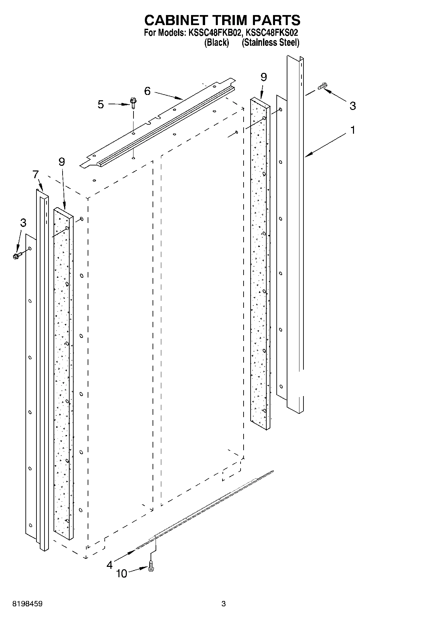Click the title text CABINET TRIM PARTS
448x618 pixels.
pyautogui.click(x=222, y=21)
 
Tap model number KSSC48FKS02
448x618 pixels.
pyautogui.click(x=272, y=33)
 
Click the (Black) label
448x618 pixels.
pyautogui.click(x=216, y=43)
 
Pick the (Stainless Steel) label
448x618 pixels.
pyautogui.click(x=270, y=43)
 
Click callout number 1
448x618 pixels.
pyautogui.click(x=352, y=130)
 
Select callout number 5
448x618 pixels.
pyautogui.click(x=101, y=104)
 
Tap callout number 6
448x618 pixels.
pyautogui.click(x=148, y=91)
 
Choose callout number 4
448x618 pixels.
pyautogui.click(x=109, y=565)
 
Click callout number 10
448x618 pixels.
pyautogui.click(x=122, y=574)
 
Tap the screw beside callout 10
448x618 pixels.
pyautogui.click(x=151, y=567)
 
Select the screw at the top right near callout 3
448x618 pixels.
pyautogui.click(x=323, y=86)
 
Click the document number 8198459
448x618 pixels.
pyautogui.click(x=27, y=604)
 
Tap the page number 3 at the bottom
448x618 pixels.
pyautogui.click(x=223, y=604)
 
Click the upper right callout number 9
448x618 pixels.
pyautogui.click(x=264, y=77)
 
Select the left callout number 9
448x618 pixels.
pyautogui.click(x=62, y=162)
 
